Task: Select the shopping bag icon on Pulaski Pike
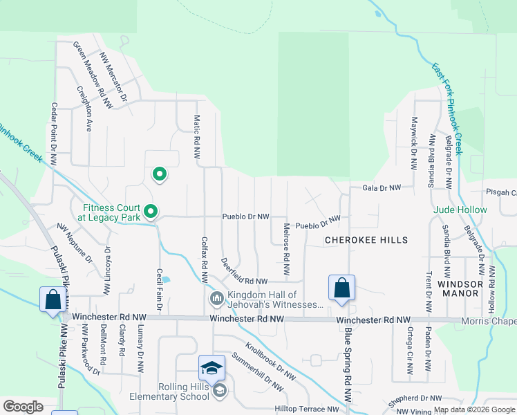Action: (53, 300)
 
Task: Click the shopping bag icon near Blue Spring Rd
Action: (341, 288)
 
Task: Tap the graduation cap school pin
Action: (211, 368)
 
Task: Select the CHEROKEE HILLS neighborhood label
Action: (366, 240)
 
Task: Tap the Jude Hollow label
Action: (460, 210)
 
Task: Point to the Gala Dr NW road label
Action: (382, 187)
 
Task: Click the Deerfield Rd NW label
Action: (242, 272)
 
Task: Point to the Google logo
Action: (23, 407)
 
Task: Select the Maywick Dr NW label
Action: (414, 144)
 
